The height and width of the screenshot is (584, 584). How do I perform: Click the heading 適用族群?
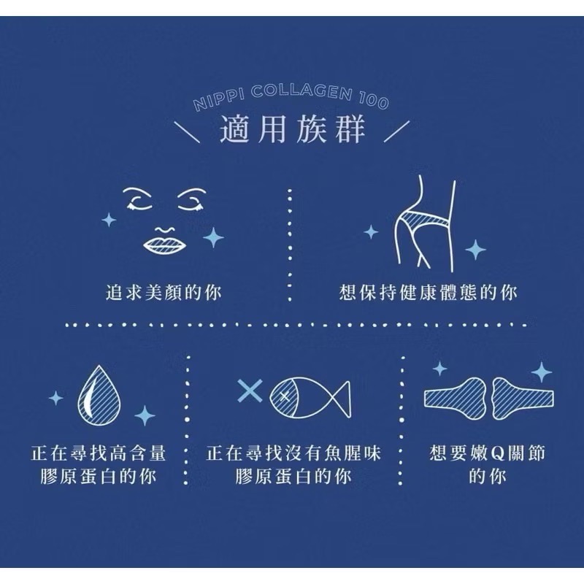pyautogui.click(x=293, y=129)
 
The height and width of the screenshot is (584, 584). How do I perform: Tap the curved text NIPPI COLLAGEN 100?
pyautogui.click(x=291, y=97)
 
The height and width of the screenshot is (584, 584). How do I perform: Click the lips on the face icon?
pyautogui.click(x=165, y=245)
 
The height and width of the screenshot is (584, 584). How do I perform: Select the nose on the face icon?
pyautogui.click(x=165, y=228)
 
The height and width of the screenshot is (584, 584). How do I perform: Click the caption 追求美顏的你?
pyautogui.click(x=164, y=292)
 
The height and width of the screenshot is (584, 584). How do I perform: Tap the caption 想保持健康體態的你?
pyautogui.click(x=429, y=292)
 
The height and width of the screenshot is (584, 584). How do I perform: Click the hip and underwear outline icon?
pyautogui.click(x=425, y=223)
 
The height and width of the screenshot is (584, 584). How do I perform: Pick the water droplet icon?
pyautogui.click(x=99, y=396)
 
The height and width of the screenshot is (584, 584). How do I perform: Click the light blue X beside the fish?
pyautogui.click(x=250, y=391)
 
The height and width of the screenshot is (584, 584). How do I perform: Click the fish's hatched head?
pyautogui.click(x=284, y=396)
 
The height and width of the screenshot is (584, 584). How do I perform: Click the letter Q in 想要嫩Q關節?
pyautogui.click(x=498, y=453)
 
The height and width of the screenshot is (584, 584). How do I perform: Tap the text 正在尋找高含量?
pyautogui.click(x=99, y=453)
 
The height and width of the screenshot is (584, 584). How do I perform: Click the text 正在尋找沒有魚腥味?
pyautogui.click(x=293, y=453)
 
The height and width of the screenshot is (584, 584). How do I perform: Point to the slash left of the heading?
pyautogui.click(x=188, y=131)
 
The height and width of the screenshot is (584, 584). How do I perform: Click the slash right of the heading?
pyautogui.click(x=397, y=131)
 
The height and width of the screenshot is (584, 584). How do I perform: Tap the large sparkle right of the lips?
pyautogui.click(x=213, y=237)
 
